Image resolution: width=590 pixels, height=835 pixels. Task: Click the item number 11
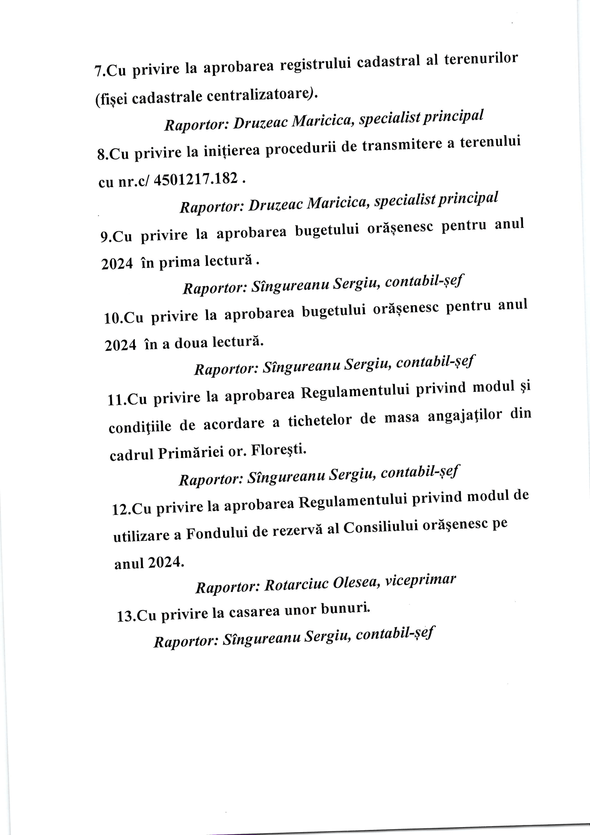tap(117, 400)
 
